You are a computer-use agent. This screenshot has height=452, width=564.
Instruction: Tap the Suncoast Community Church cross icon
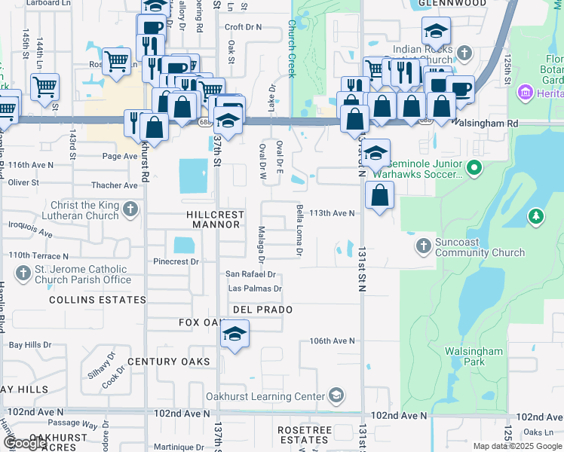click(423, 246)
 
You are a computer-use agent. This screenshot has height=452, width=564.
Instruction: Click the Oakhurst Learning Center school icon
click(336, 395)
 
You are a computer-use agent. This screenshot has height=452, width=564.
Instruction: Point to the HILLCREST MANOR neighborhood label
click(216, 219)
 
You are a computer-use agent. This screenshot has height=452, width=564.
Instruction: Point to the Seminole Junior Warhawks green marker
click(474, 166)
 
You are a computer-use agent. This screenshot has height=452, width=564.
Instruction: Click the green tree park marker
click(536, 217)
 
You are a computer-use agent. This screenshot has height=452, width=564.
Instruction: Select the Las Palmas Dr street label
click(256, 289)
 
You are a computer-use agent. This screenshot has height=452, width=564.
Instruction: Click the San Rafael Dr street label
click(251, 274)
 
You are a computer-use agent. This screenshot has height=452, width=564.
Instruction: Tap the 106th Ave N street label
click(332, 341)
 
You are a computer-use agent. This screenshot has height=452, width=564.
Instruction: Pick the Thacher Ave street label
click(114, 185)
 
